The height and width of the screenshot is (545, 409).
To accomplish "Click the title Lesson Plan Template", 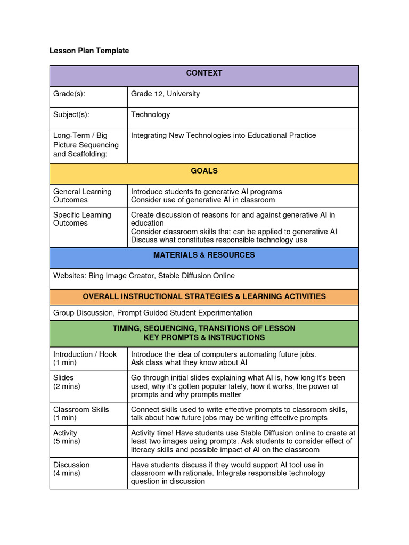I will [89, 51].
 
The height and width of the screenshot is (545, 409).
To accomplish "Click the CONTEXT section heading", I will [204, 73].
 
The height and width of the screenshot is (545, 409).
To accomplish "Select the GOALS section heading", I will [204, 171].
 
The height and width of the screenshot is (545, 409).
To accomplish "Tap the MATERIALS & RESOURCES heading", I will [204, 255].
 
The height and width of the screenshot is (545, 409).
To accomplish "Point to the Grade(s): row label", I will [69, 94].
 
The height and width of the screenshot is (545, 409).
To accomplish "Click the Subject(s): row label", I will [71, 114].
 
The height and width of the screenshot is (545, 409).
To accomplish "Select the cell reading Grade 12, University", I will [165, 94].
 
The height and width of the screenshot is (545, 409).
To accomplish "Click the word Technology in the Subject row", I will [151, 114].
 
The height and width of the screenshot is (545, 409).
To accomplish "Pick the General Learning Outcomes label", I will [82, 195].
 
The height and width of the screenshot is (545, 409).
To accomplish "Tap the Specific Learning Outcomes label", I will [82, 219].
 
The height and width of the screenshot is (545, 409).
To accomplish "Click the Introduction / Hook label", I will [85, 354].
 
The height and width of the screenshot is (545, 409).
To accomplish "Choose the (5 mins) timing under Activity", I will [66, 441].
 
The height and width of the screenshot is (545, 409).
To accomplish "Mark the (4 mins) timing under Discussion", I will [66, 473].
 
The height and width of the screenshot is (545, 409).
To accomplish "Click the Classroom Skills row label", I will [81, 409].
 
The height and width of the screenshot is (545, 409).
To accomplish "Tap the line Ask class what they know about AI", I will [189, 362].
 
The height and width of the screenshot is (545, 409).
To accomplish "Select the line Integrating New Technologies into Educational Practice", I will [223, 135].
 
